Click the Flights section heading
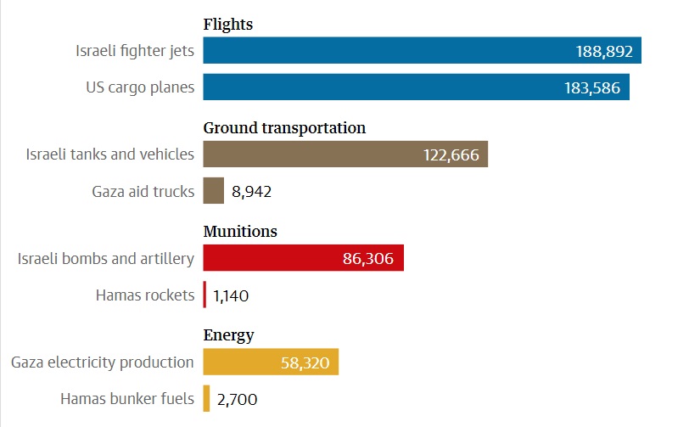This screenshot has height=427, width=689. point(228,25)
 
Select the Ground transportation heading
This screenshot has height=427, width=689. point(284,128)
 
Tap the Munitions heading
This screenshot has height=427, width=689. point(240,231)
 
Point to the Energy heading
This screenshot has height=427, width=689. point(228,334)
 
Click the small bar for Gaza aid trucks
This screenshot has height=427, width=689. point(214,191)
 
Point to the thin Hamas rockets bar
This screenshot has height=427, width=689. point(204,295)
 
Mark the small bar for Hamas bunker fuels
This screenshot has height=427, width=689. point(206,398)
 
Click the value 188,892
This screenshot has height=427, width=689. point(604,52)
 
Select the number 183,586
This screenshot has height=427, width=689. point(592,88)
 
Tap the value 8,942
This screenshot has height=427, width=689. point(251,192)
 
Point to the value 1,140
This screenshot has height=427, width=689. point(231,296)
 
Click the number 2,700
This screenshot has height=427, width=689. point(238,399)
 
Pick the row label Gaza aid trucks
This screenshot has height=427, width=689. point(143,191)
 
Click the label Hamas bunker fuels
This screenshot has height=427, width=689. point(127,398)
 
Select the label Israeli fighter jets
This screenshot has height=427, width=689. point(135,51)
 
